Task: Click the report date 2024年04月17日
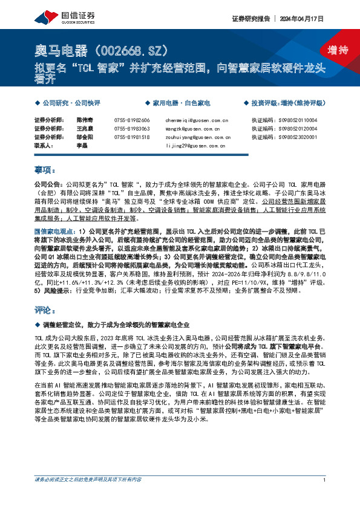click(x=309, y=19)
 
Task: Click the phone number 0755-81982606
click(x=132, y=121)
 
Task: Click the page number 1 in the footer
click(x=325, y=497)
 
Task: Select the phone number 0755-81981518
click(x=132, y=137)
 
